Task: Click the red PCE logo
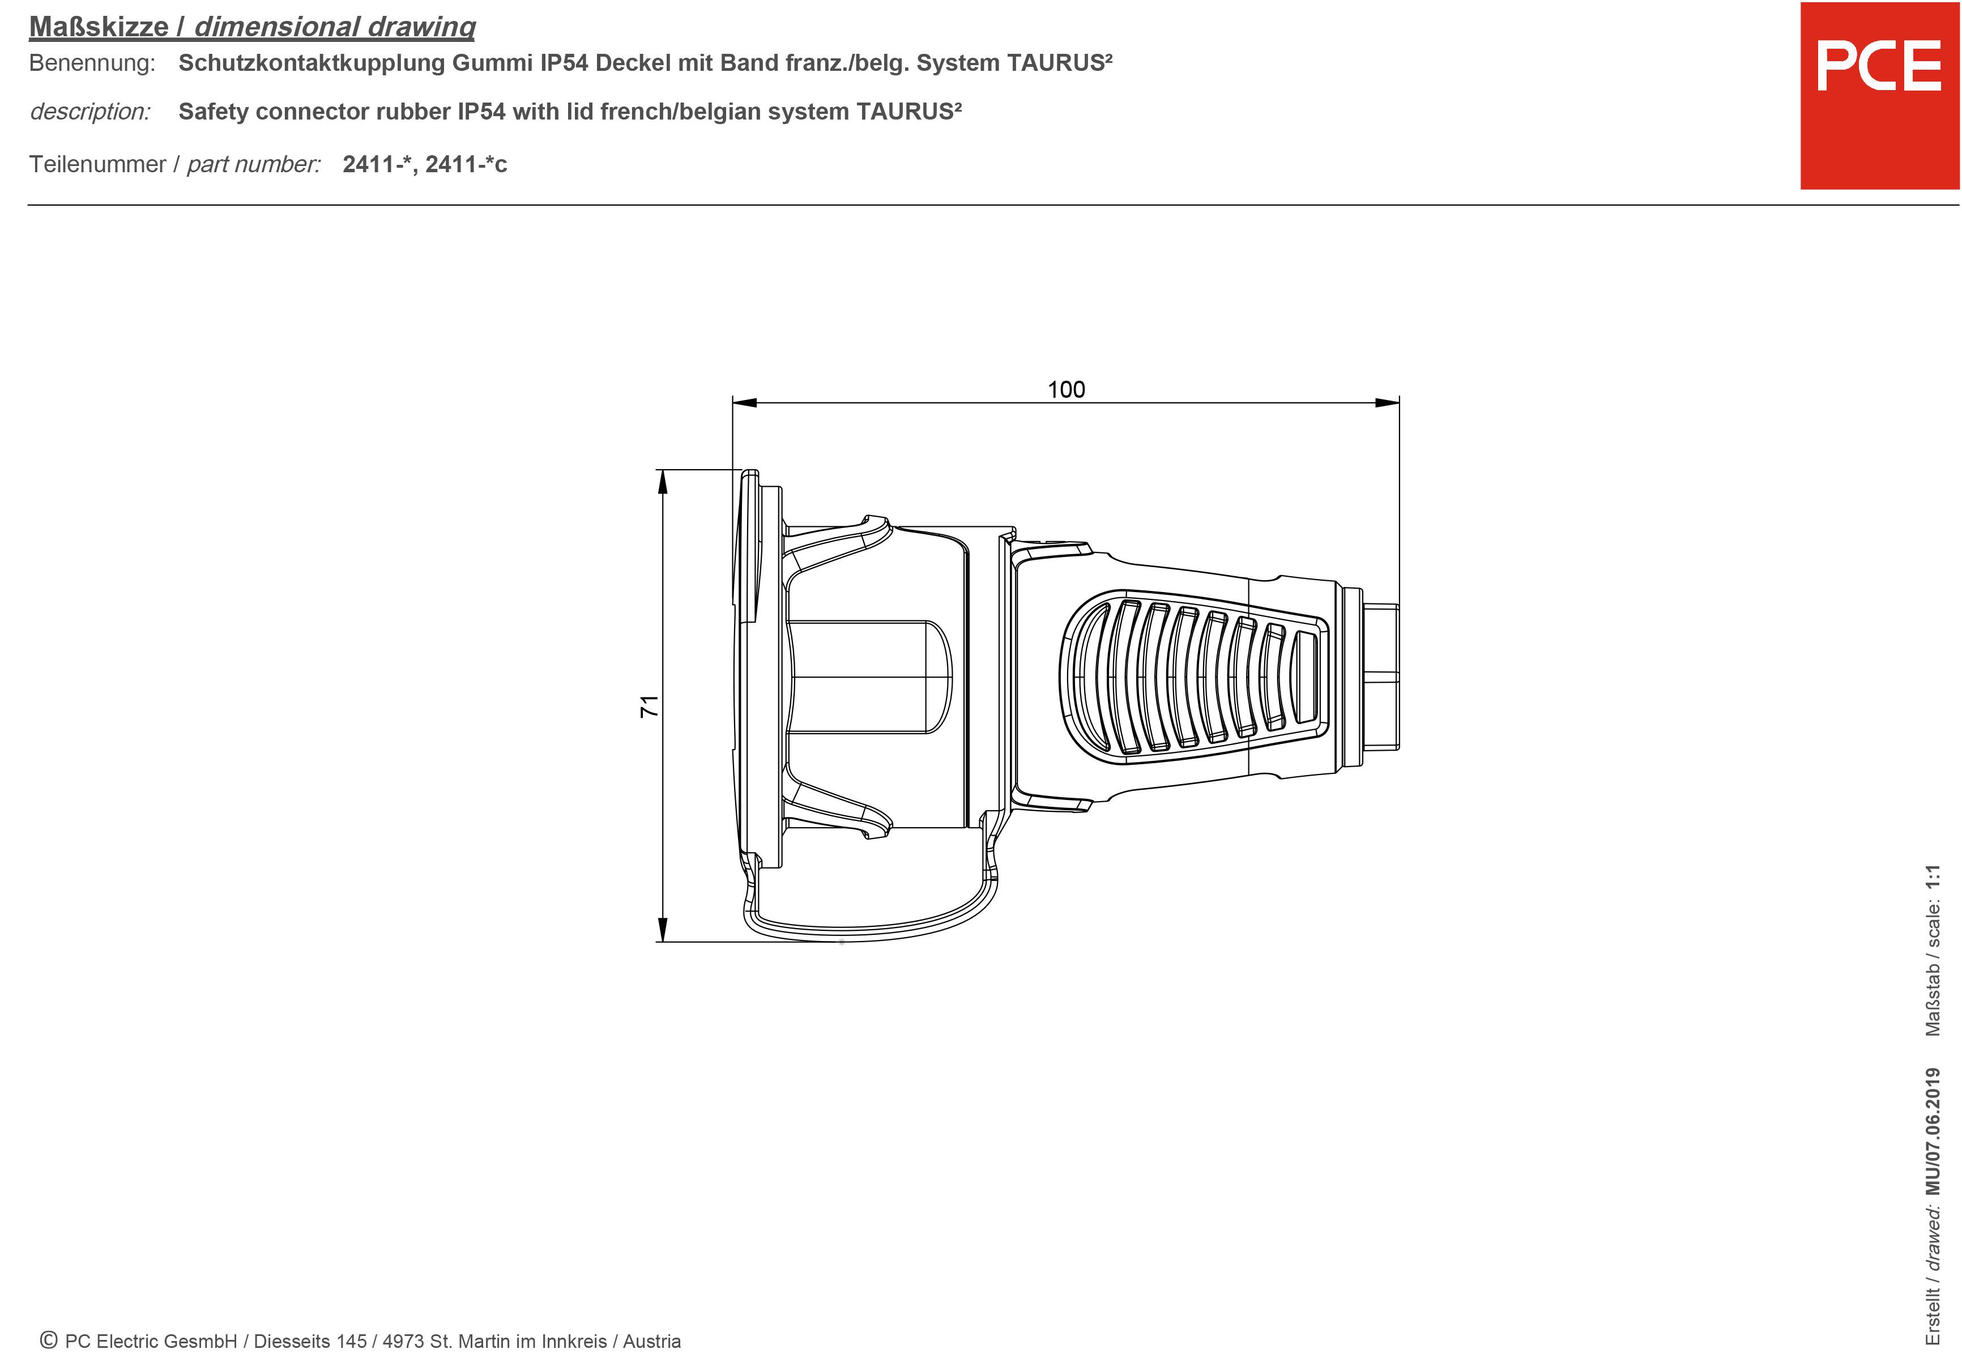pyautogui.click(x=1879, y=96)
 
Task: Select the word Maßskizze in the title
pyautogui.click(x=99, y=27)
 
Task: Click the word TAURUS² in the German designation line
pyautogui.click(x=1060, y=62)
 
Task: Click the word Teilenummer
pyautogui.click(x=97, y=164)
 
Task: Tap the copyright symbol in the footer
pyautogui.click(x=49, y=1341)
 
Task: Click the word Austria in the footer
pyautogui.click(x=651, y=1341)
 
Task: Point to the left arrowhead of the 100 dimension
pyautogui.click(x=744, y=403)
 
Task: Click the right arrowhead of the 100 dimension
pyautogui.click(x=1387, y=403)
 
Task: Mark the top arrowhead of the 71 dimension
pyautogui.click(x=662, y=482)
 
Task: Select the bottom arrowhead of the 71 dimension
pyautogui.click(x=662, y=929)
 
